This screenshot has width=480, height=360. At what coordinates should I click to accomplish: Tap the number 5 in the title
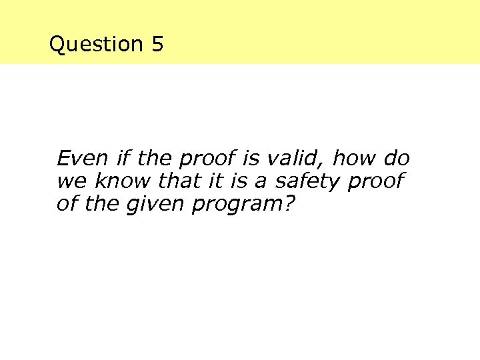pyautogui.click(x=157, y=45)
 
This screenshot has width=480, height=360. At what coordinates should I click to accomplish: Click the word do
pyautogui.click(x=397, y=159)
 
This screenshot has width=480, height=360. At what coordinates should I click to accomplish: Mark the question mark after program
pyautogui.click(x=289, y=203)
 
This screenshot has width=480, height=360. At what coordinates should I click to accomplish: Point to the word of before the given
pyautogui.click(x=66, y=203)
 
